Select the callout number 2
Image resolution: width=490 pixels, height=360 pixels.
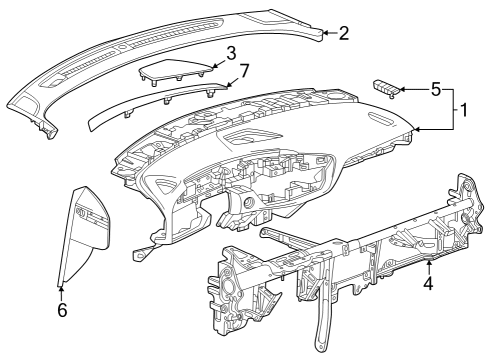[343, 34]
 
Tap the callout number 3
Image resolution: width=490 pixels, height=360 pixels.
[230, 51]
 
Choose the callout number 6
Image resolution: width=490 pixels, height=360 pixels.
[61, 311]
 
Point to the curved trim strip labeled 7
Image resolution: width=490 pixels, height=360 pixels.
[160, 100]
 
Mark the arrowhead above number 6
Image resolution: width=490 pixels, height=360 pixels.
[61, 290]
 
